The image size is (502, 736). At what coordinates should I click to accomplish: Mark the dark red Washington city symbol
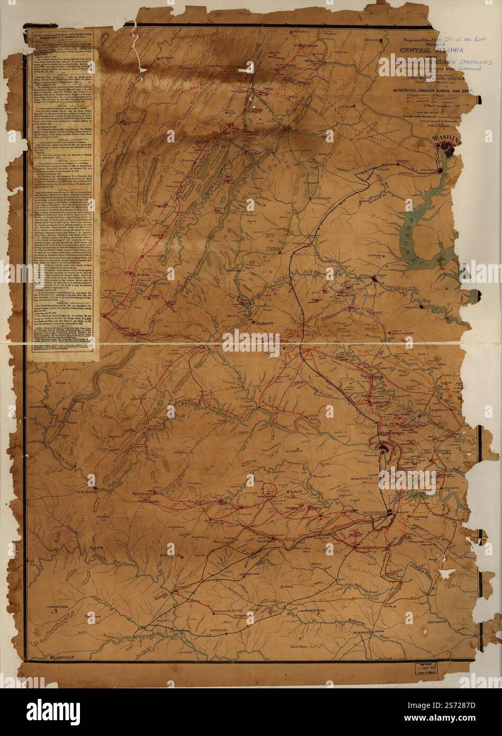coord(448,150)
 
